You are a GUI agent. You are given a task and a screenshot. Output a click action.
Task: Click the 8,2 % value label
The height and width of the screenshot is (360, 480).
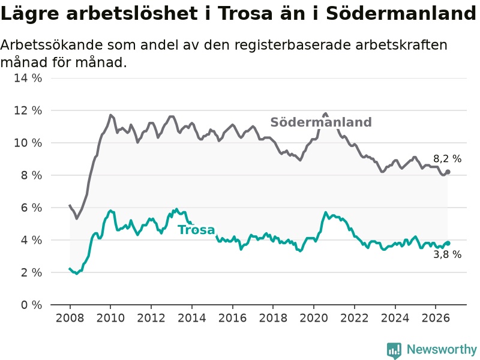[447, 158]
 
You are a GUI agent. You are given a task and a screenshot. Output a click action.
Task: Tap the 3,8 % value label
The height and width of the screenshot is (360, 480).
[447, 254]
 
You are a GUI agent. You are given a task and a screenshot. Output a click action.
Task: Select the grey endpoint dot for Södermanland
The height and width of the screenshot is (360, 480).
[448, 172]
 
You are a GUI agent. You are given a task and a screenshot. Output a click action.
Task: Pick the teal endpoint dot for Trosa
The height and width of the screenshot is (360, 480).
[448, 243]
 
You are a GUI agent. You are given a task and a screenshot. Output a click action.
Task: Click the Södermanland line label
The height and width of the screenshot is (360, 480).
[321, 122]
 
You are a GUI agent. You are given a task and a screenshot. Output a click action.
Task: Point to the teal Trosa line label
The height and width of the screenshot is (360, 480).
[196, 230]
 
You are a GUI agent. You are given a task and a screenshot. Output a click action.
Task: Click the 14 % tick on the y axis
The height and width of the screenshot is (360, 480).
[28, 78]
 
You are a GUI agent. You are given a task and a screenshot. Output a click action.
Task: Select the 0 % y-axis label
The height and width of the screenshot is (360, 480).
[32, 305]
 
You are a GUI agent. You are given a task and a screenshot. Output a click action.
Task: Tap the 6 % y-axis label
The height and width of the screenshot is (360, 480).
[32, 208]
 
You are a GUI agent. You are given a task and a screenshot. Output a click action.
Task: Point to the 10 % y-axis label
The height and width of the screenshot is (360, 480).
[28, 143]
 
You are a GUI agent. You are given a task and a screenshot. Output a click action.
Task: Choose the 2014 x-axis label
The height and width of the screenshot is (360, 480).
[191, 318]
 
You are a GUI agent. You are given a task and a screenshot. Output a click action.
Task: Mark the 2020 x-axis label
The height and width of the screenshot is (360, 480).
[314, 318]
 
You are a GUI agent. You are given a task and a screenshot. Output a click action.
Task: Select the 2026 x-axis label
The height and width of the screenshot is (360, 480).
[436, 318]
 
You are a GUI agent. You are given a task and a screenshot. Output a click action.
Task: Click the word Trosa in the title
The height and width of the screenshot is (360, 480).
[245, 13]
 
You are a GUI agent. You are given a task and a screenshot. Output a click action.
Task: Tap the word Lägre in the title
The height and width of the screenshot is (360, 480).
[29, 14]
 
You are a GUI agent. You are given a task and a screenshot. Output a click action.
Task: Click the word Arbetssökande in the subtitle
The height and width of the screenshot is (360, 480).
[52, 46]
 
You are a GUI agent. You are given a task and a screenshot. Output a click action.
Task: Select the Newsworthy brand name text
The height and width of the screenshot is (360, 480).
[442, 349]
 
